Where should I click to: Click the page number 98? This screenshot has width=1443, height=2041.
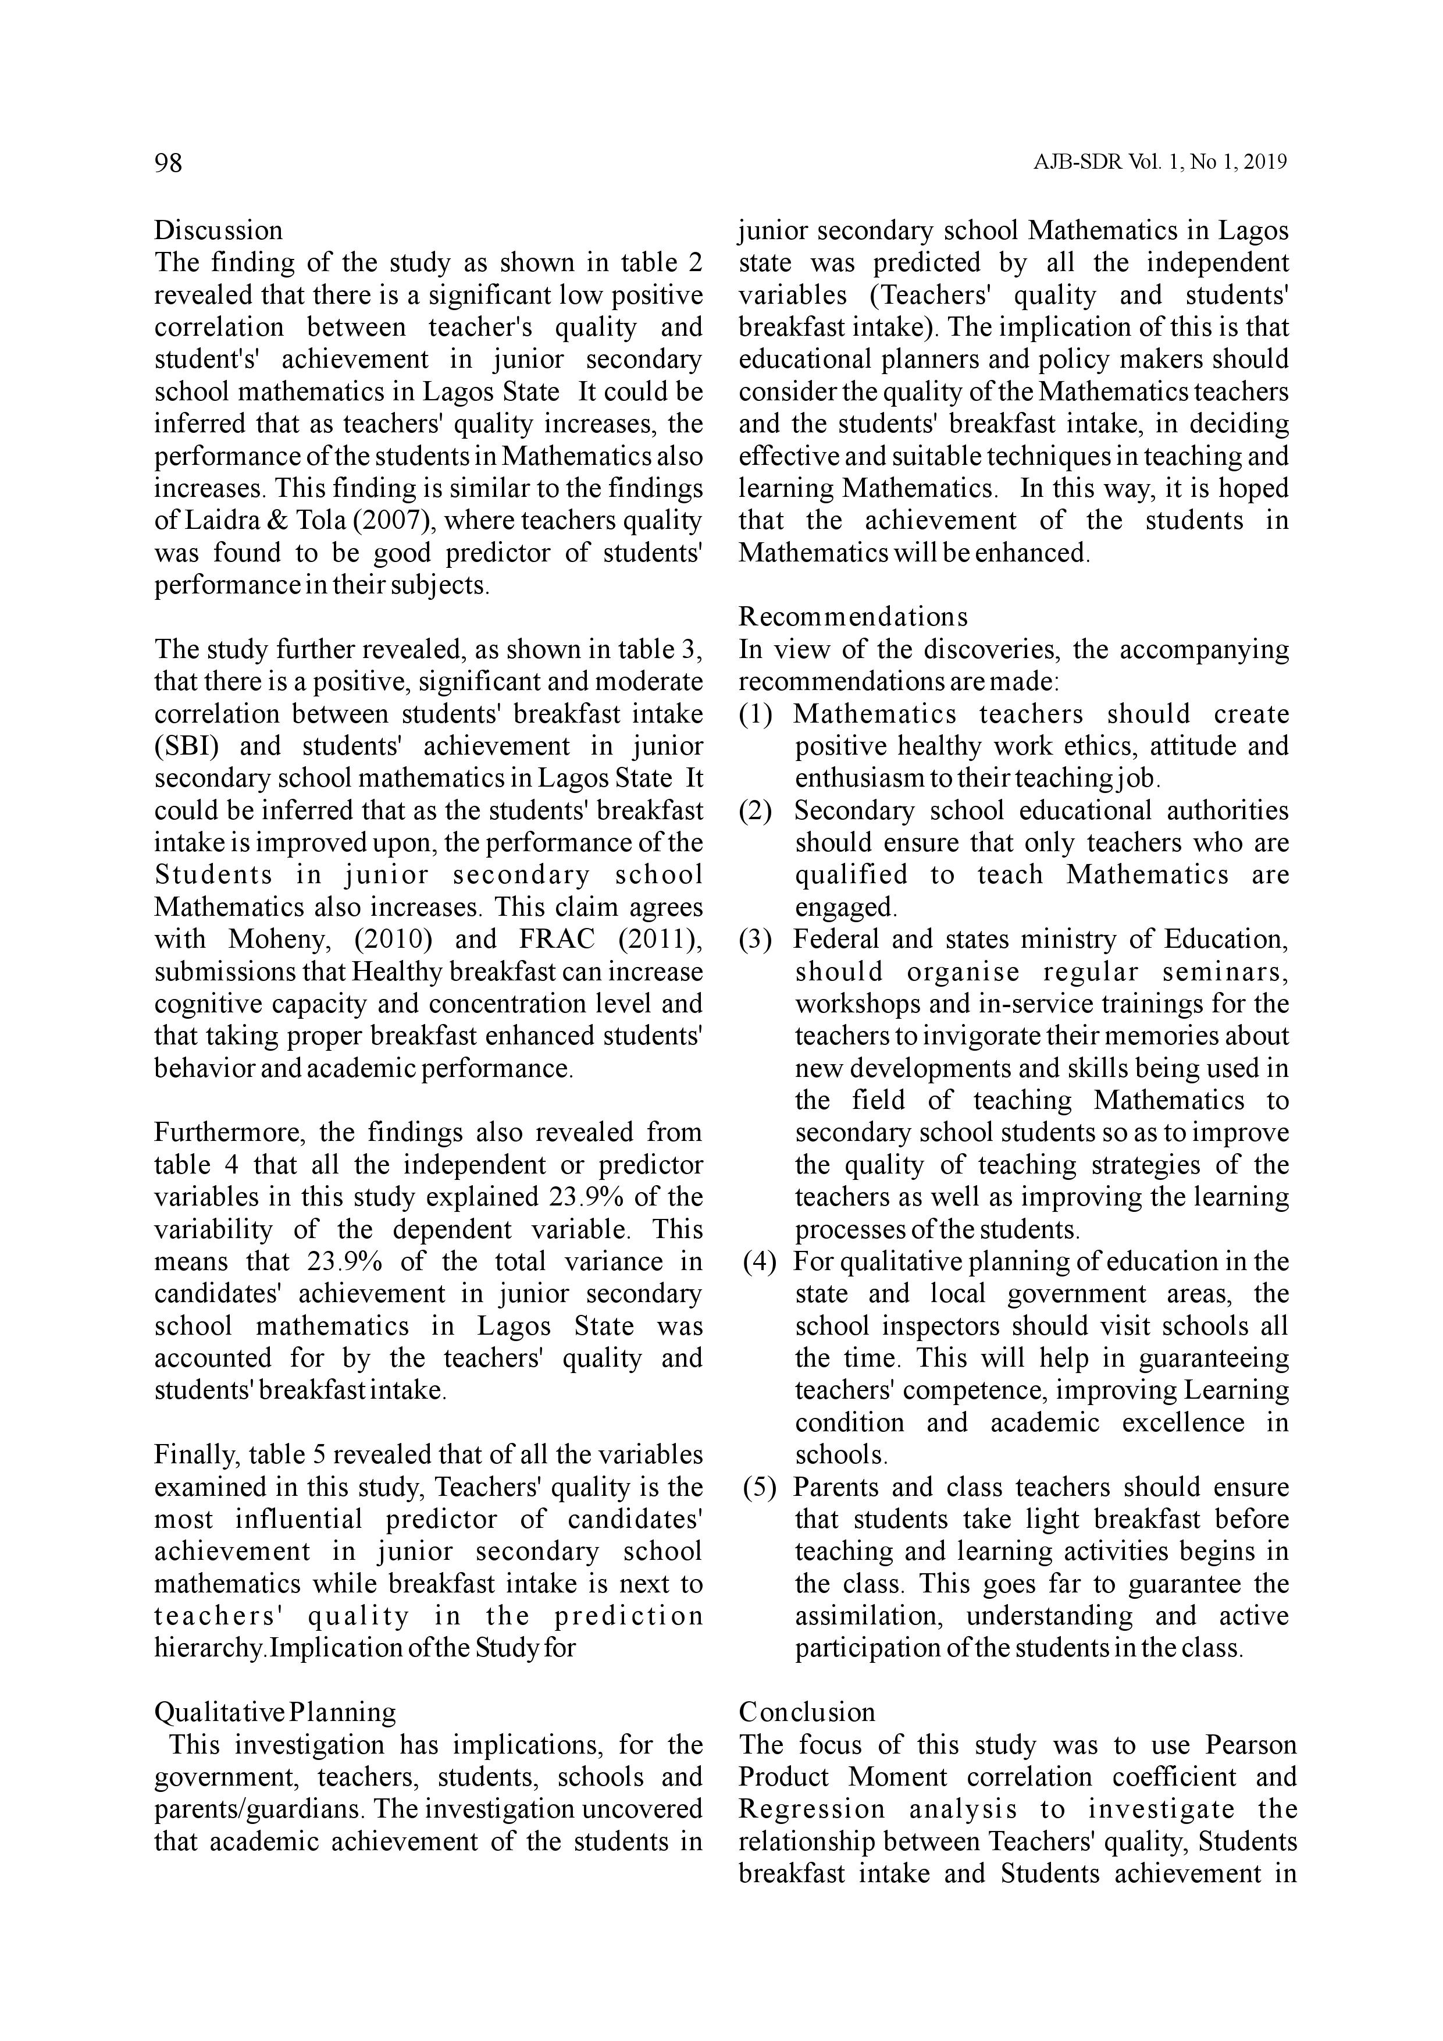click(x=169, y=163)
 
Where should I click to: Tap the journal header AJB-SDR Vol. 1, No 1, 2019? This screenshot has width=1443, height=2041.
click(x=1160, y=163)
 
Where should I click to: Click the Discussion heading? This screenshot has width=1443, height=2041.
click(x=219, y=230)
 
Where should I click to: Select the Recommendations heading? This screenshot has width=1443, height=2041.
click(x=853, y=617)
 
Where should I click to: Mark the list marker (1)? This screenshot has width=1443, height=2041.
click(x=756, y=714)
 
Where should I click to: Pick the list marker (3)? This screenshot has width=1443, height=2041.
click(x=756, y=940)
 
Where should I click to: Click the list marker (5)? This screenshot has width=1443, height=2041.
click(x=760, y=1487)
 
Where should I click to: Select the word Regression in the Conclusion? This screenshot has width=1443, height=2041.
click(x=812, y=1809)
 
